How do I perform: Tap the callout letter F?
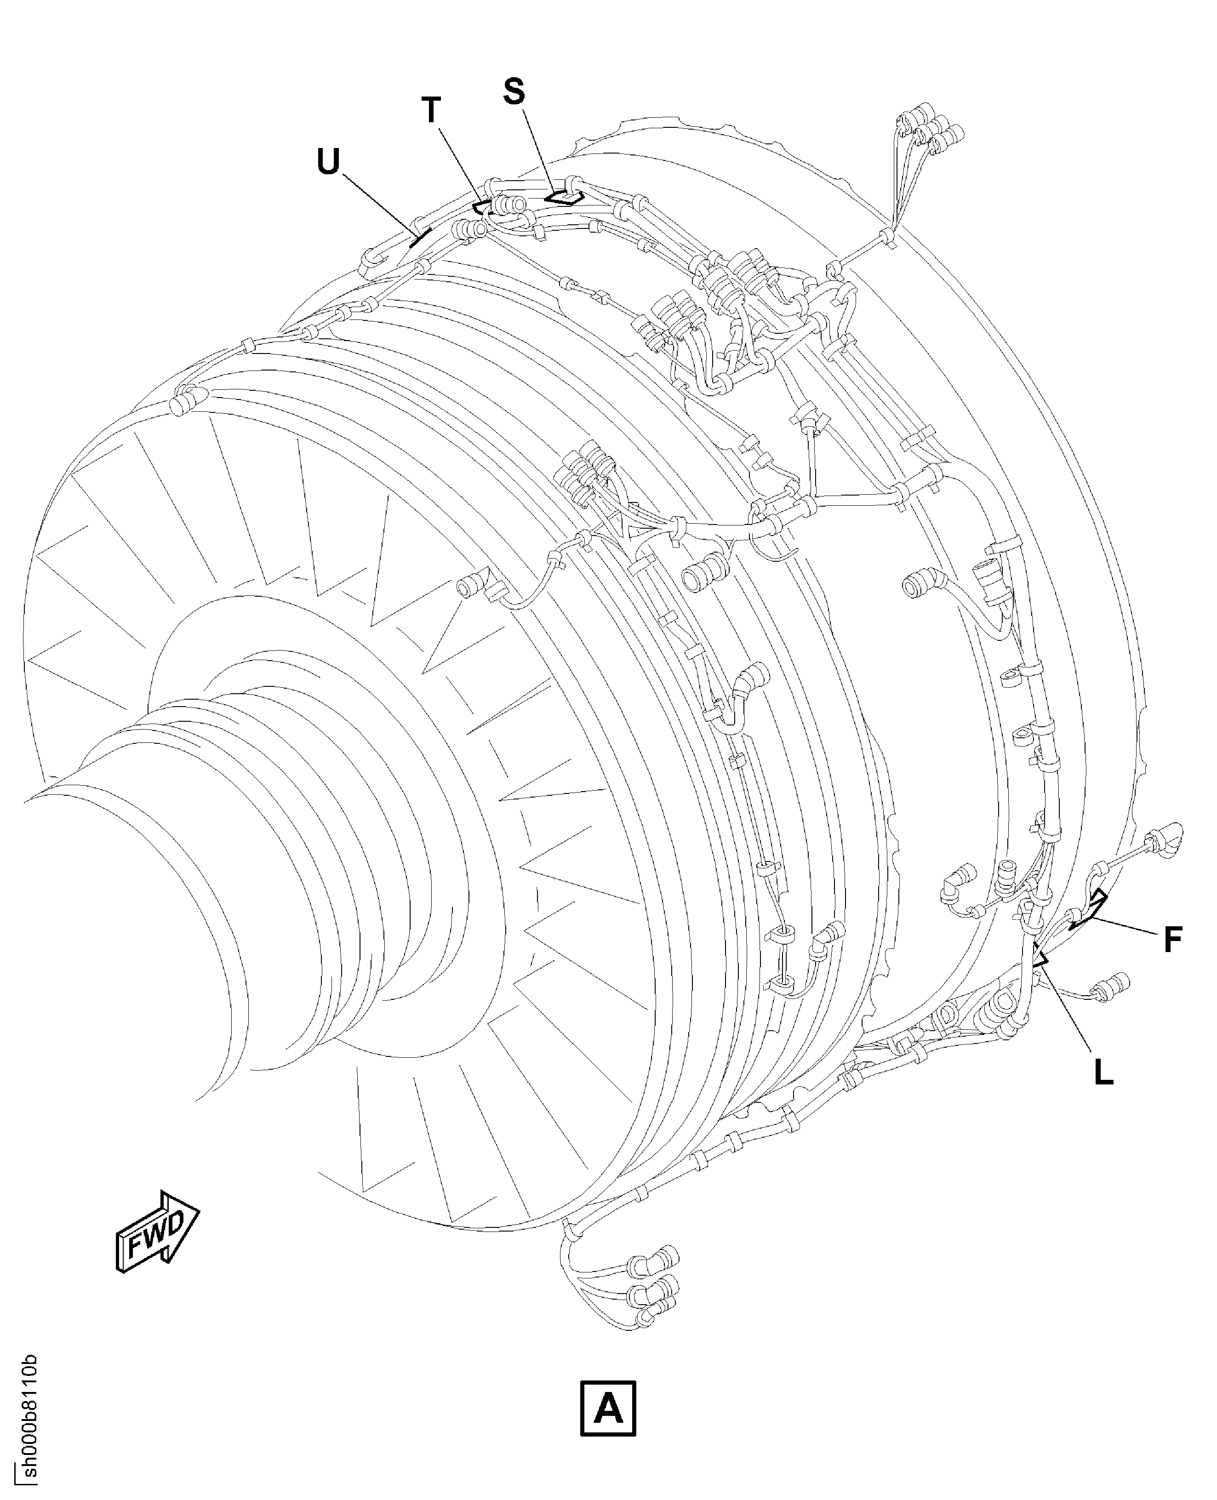tap(1173, 940)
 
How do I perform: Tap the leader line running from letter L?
tap(1068, 1007)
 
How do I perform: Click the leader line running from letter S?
tap(542, 151)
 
